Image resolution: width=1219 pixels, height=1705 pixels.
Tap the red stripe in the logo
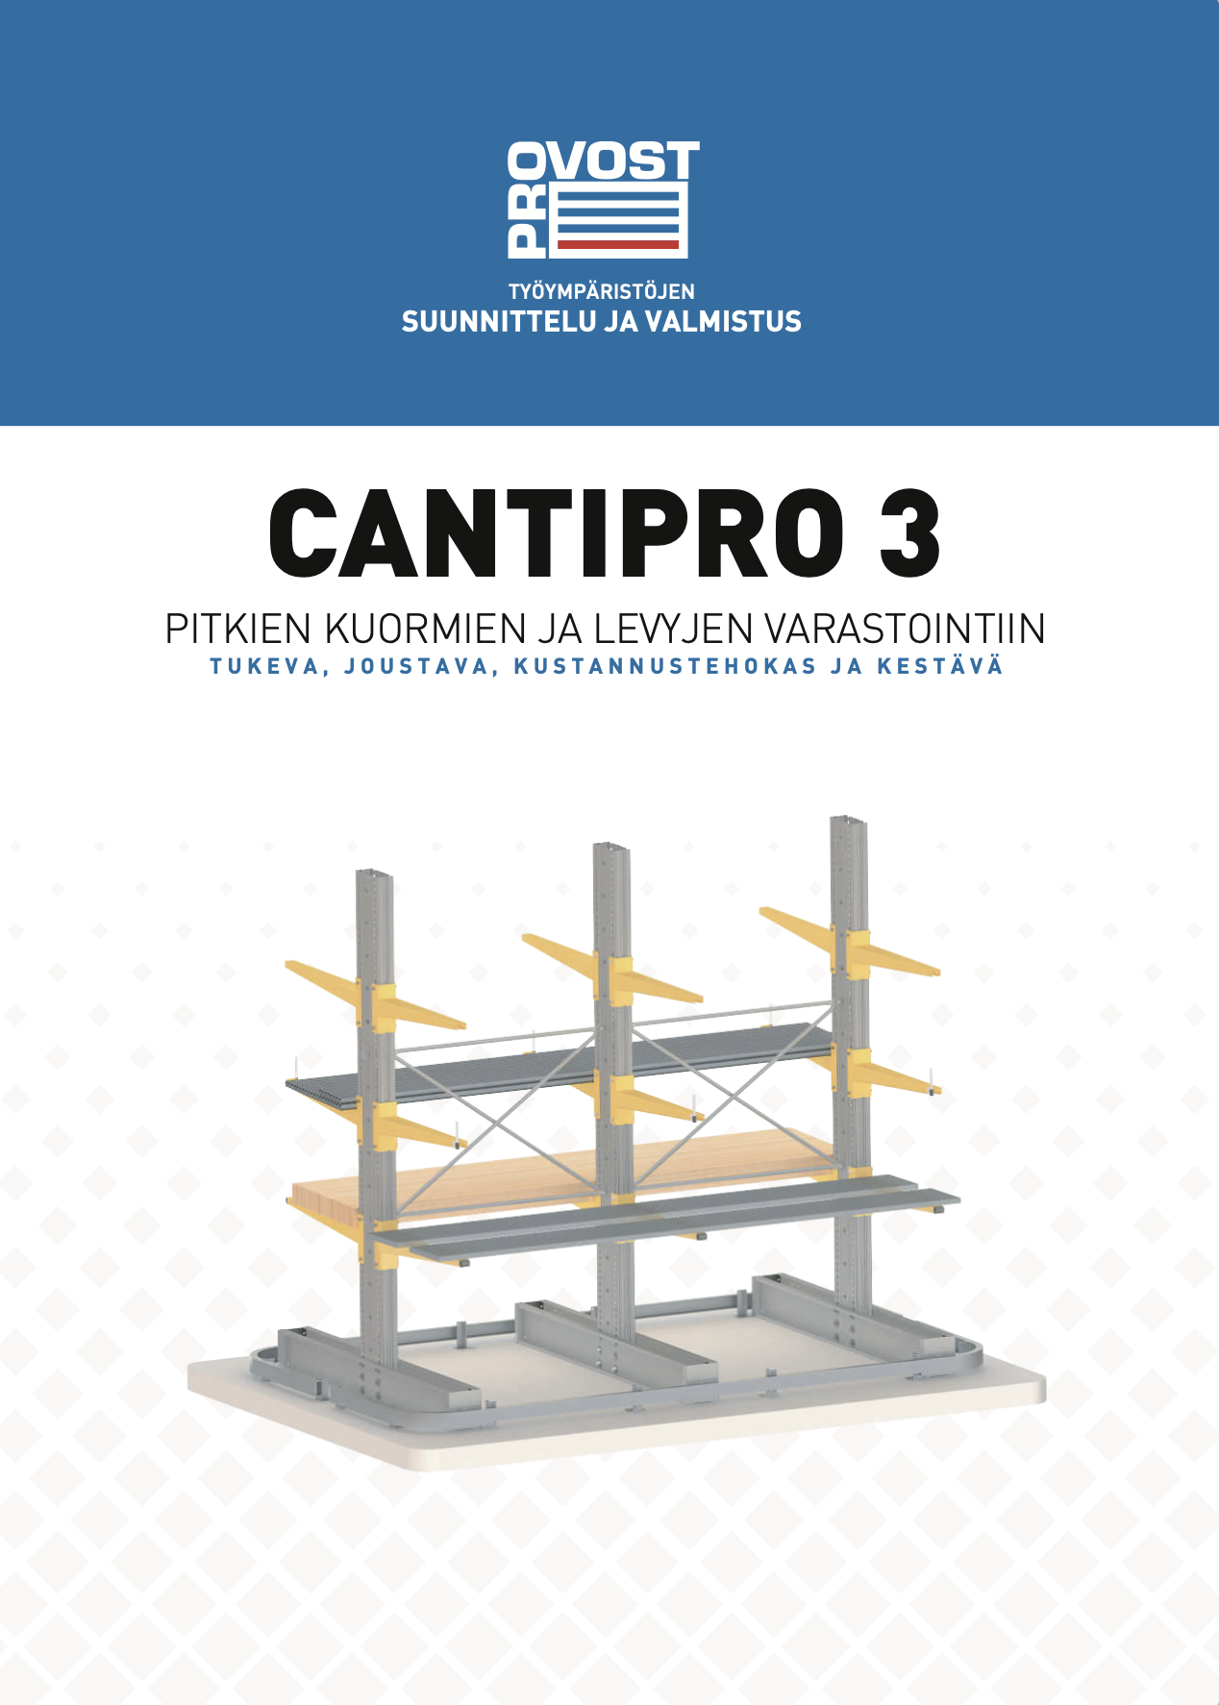[x=618, y=245]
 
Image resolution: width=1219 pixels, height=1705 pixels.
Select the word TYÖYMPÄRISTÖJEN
[x=602, y=291]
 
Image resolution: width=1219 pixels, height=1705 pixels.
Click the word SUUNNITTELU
[x=498, y=322]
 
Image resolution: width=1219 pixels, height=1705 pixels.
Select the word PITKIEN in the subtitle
[x=238, y=630]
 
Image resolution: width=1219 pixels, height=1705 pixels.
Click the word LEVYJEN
[x=672, y=630]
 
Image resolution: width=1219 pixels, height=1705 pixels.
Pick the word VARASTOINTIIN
[x=905, y=630]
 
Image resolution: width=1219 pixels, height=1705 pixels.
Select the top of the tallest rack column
[x=848, y=824]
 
